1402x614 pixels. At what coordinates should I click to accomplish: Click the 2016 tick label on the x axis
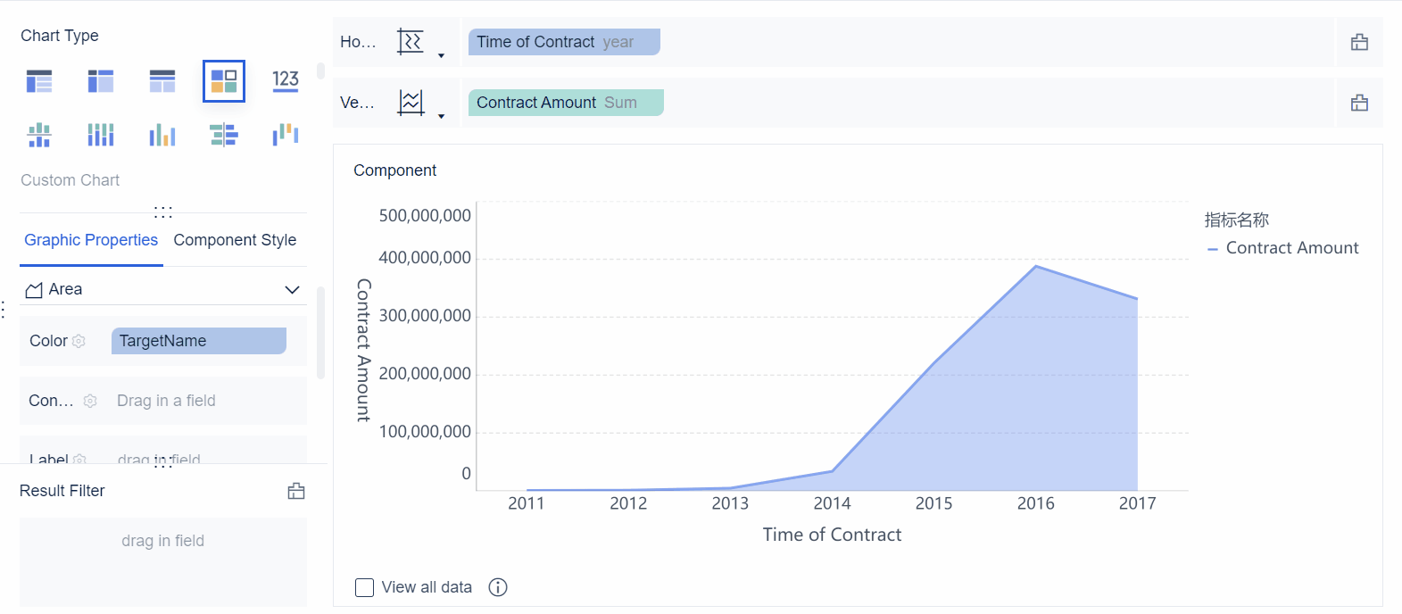(1035, 503)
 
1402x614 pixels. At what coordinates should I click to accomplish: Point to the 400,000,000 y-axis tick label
(425, 258)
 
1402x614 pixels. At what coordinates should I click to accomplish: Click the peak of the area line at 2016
(1035, 266)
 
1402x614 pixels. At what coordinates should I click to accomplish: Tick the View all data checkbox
(364, 587)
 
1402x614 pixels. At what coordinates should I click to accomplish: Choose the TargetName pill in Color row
(198, 341)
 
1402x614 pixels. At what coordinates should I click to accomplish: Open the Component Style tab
(235, 240)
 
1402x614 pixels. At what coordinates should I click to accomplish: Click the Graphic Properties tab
(91, 240)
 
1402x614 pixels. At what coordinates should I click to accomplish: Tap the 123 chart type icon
(286, 81)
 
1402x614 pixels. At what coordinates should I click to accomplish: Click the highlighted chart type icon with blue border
(224, 81)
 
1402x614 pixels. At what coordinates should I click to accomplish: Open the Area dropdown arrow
(292, 289)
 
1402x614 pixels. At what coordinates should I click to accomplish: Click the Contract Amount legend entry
(1291, 248)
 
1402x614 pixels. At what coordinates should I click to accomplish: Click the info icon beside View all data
(498, 587)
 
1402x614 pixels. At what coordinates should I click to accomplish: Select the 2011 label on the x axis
(527, 503)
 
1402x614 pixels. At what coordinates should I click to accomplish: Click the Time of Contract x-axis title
(832, 535)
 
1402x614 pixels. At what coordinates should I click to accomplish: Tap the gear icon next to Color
(79, 341)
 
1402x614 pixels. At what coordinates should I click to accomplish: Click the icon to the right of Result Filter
(296, 491)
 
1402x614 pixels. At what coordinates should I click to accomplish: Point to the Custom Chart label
(71, 180)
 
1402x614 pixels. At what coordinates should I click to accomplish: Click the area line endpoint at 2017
(1137, 299)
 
